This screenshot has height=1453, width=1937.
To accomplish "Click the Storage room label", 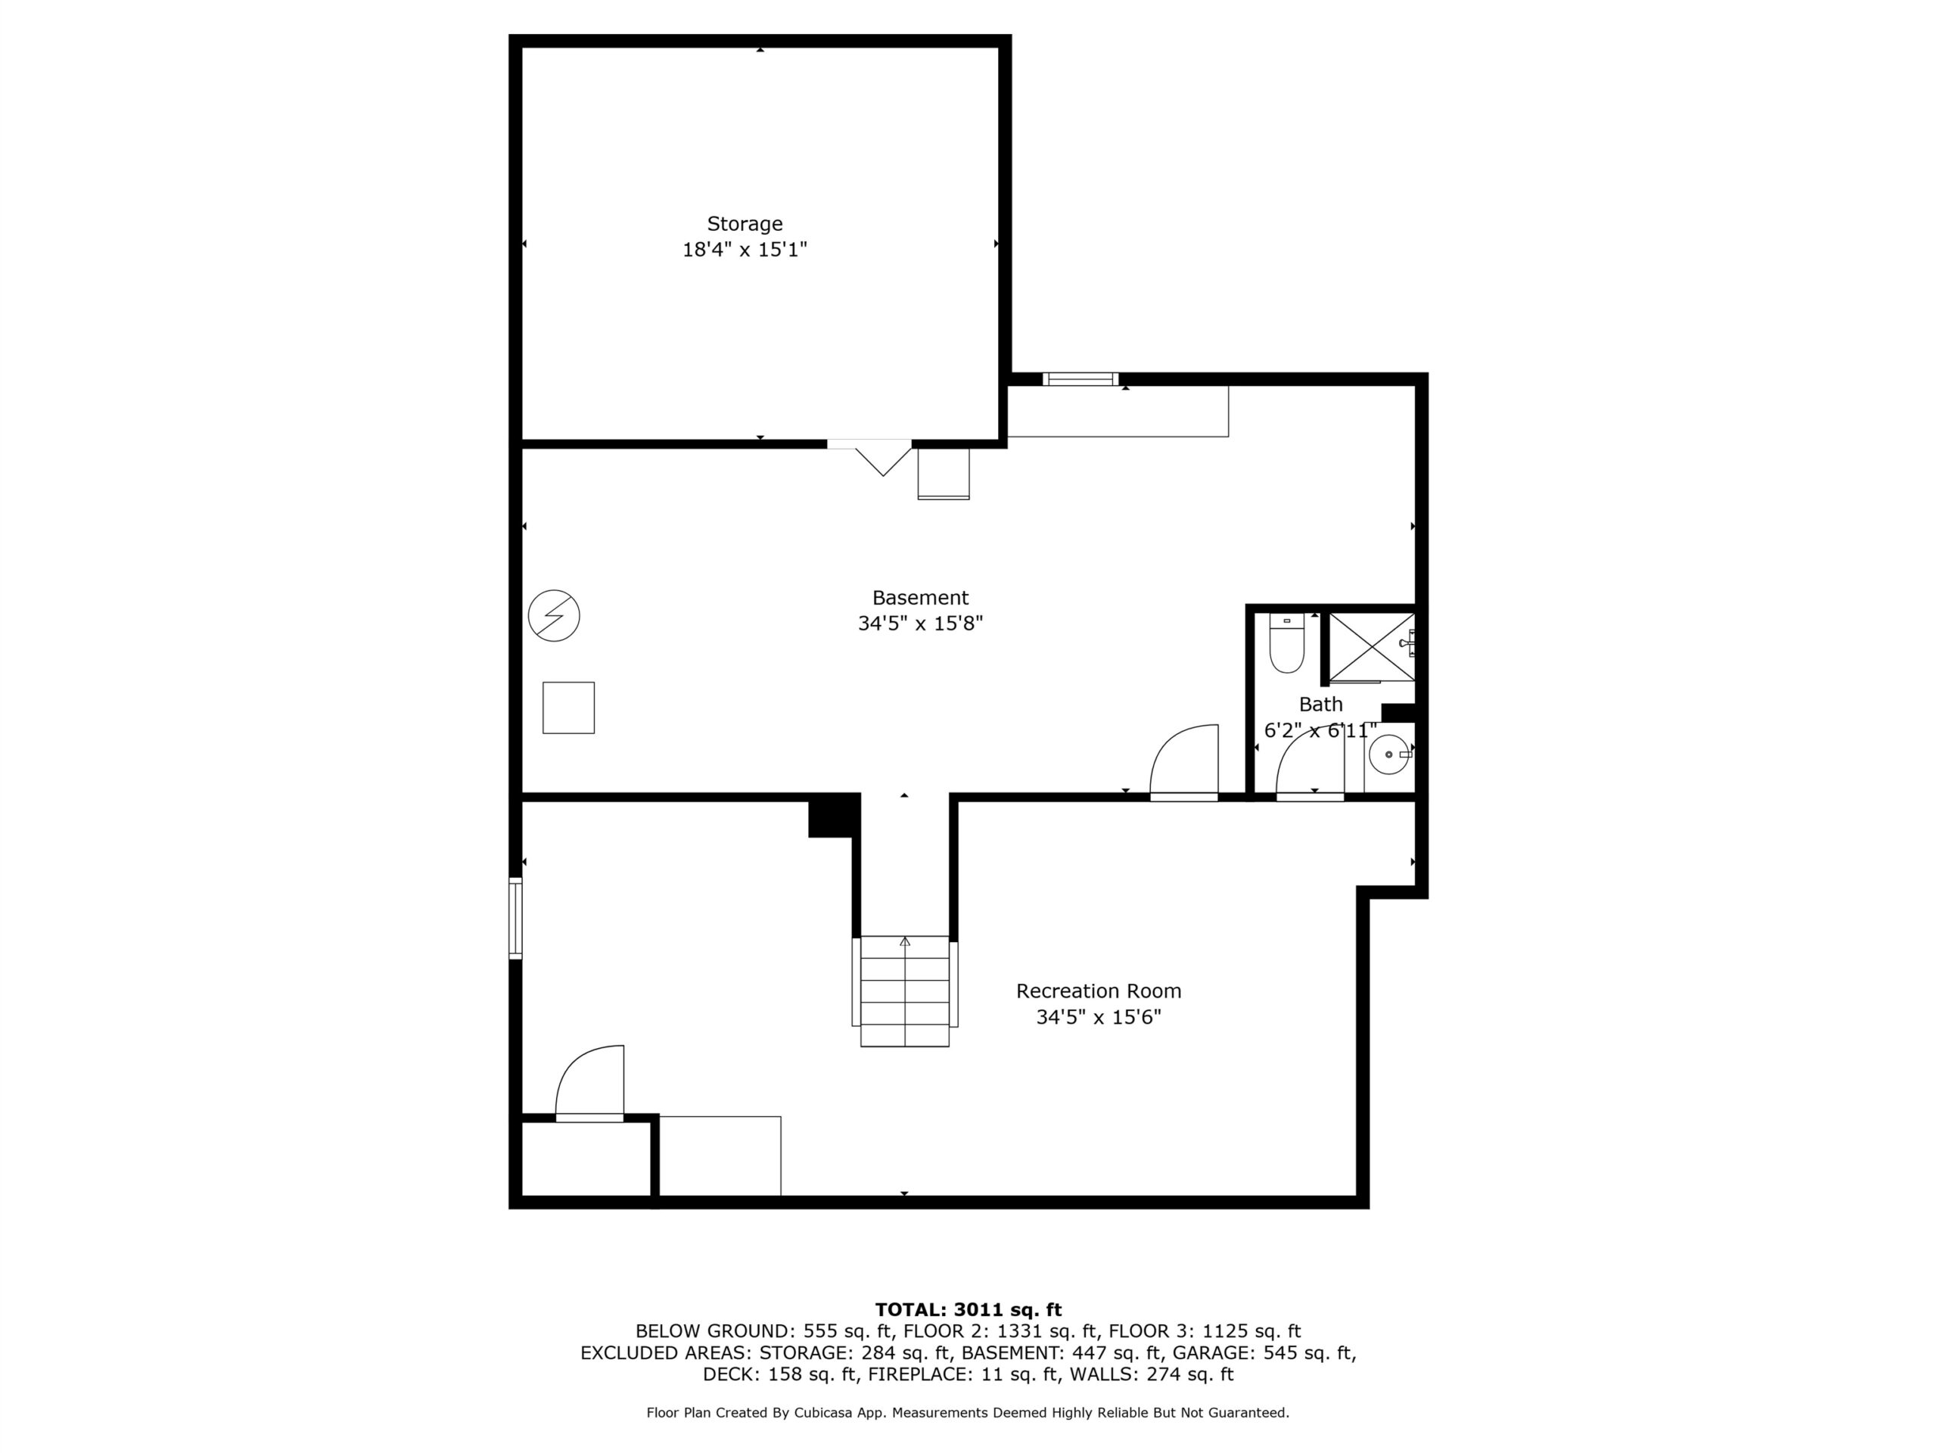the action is [x=745, y=224].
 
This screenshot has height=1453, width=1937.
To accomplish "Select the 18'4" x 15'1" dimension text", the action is [x=745, y=250].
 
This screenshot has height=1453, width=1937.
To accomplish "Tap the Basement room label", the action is [x=920, y=598].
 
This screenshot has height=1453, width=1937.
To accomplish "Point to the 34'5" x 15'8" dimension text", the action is [x=920, y=624].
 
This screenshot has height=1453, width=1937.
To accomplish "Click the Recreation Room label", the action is [x=1098, y=991].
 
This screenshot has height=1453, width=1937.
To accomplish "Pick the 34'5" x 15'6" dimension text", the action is [x=1098, y=1018].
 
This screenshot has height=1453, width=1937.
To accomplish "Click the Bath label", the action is [x=1320, y=704].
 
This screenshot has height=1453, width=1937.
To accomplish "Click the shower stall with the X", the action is [x=1371, y=647].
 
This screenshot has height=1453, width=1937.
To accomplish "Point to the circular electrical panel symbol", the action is [x=555, y=616].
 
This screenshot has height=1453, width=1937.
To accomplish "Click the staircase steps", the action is [x=905, y=991].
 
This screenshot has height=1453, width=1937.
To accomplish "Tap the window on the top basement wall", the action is [x=1080, y=379].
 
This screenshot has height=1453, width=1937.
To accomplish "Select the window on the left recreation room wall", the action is [x=516, y=918].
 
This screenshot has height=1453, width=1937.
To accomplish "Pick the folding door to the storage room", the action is [x=869, y=457].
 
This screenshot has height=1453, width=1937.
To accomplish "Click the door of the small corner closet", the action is [x=589, y=1082].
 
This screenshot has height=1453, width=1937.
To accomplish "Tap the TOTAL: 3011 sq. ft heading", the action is [x=968, y=1309].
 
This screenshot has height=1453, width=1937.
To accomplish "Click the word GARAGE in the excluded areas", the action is [x=1213, y=1353].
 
